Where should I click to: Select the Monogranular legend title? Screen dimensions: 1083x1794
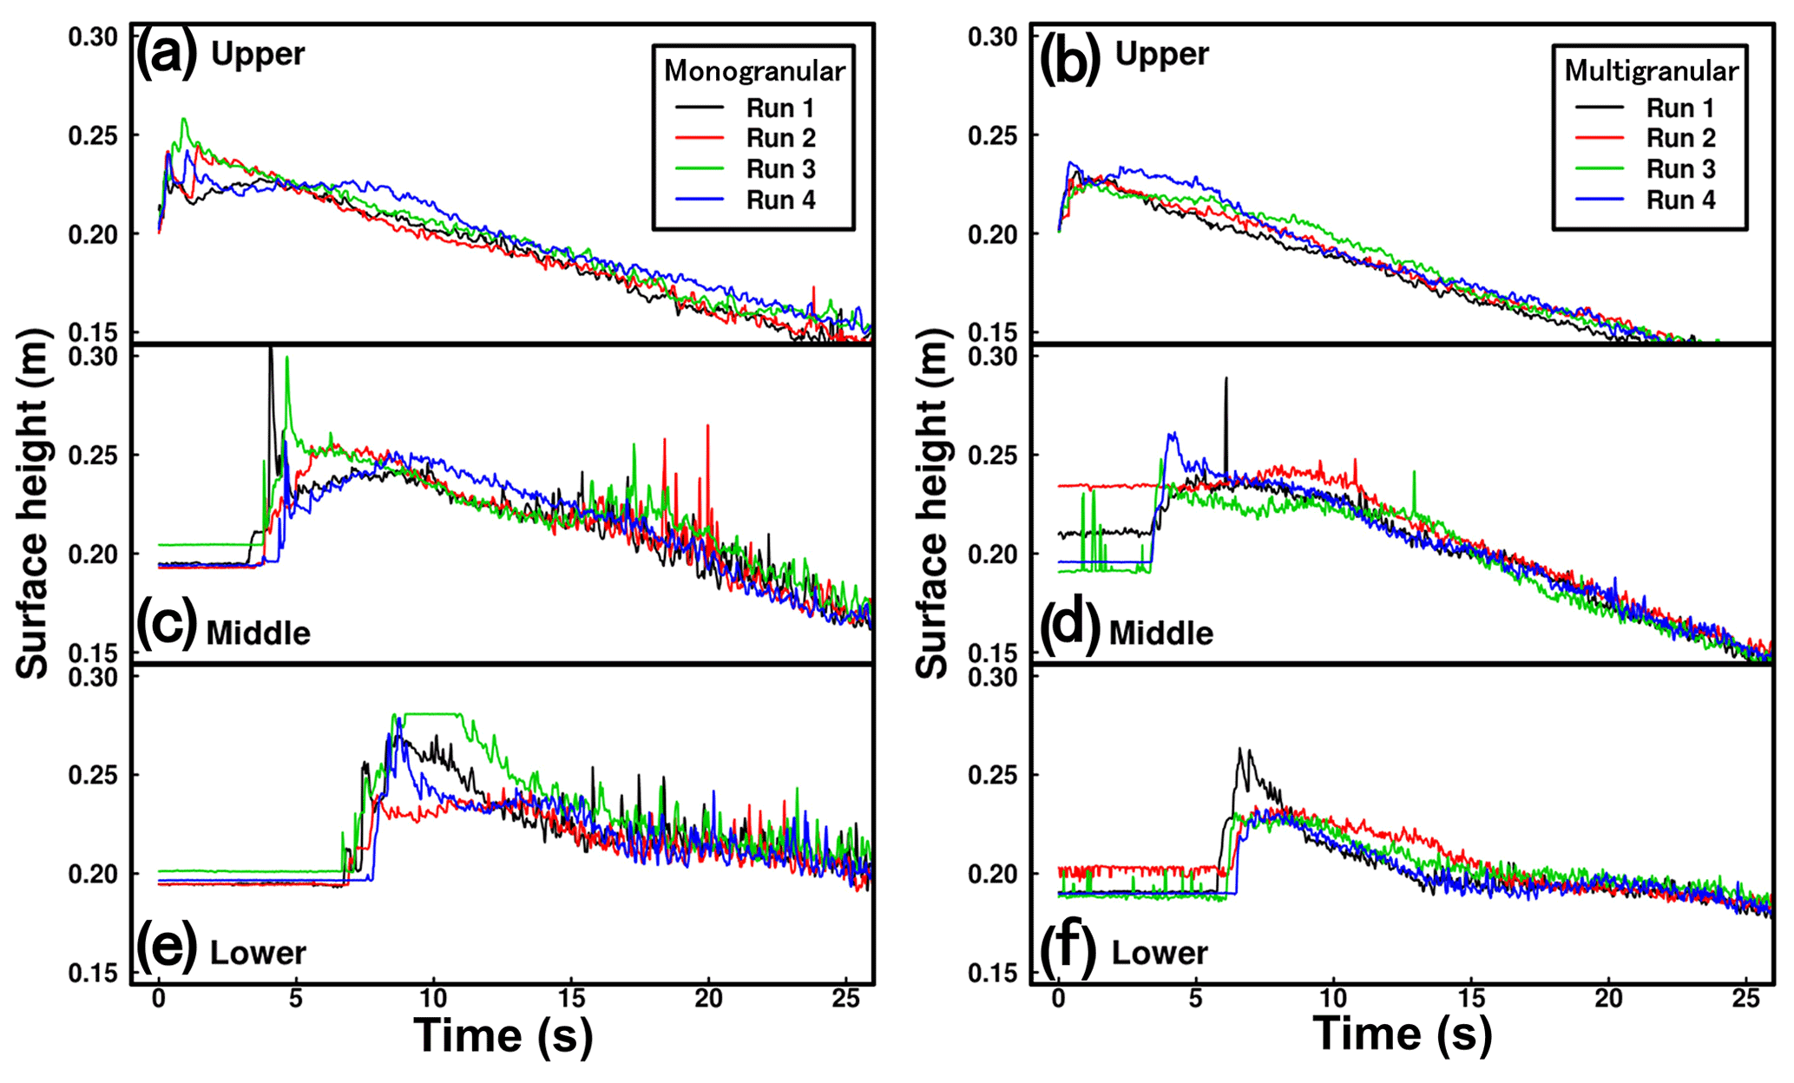pyautogui.click(x=754, y=71)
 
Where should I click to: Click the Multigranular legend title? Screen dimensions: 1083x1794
pyautogui.click(x=1651, y=71)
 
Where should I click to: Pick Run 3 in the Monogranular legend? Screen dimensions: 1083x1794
pyautogui.click(x=780, y=169)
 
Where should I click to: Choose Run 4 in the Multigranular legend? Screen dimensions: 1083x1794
pyautogui.click(x=1680, y=200)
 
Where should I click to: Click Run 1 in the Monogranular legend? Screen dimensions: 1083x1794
pyautogui.click(x=780, y=108)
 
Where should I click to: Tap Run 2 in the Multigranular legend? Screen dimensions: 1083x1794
pyautogui.click(x=1680, y=139)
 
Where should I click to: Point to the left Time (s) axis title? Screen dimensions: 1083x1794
pyautogui.click(x=503, y=1035)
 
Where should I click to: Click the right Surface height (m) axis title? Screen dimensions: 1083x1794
pyautogui.click(x=932, y=503)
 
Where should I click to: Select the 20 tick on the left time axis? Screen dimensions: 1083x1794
pyautogui.click(x=708, y=998)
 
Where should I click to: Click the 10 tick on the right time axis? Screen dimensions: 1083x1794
pyautogui.click(x=1333, y=998)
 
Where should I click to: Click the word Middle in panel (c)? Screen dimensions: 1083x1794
pyautogui.click(x=258, y=633)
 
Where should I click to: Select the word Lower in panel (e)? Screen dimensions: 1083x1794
pyautogui.click(x=258, y=953)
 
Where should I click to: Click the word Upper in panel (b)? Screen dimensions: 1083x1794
pyautogui.click(x=1161, y=54)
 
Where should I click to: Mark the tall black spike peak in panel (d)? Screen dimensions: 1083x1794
pyautogui.click(x=1226, y=379)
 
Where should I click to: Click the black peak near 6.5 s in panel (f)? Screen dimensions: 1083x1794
pyautogui.click(x=1240, y=750)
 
